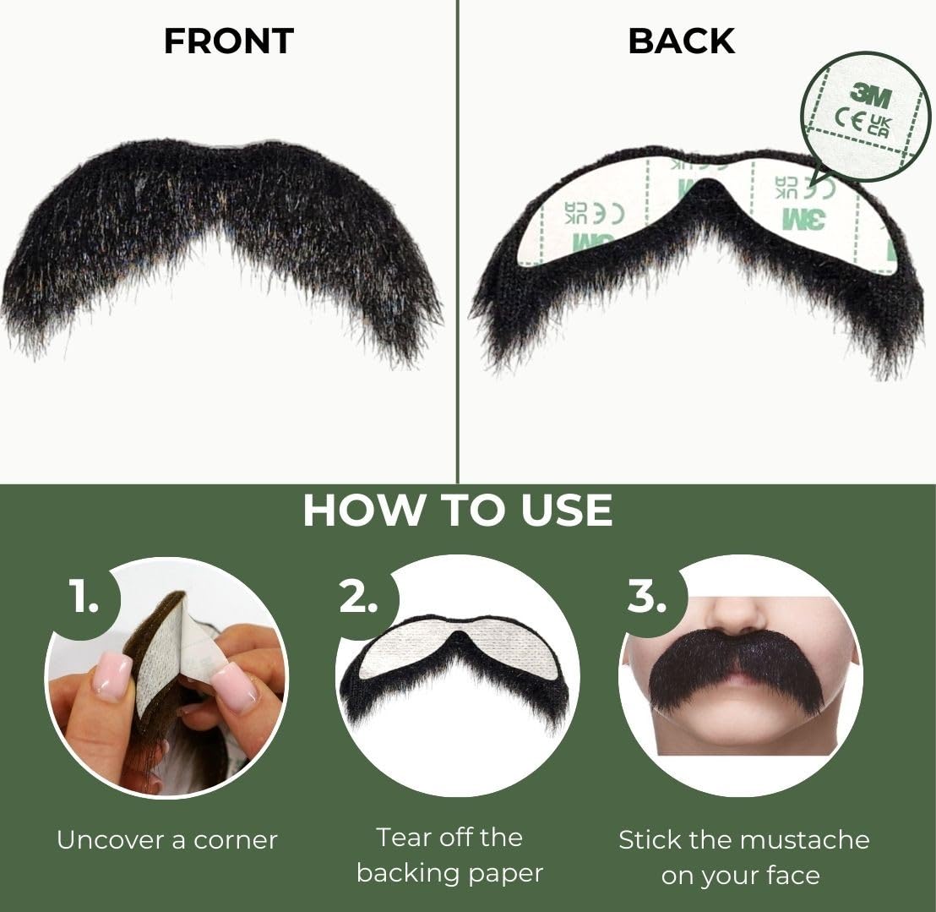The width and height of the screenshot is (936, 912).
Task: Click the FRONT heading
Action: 229,41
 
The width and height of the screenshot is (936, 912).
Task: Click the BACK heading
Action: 682,41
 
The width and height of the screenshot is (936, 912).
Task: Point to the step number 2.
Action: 358,596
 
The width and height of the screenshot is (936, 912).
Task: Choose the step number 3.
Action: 647,596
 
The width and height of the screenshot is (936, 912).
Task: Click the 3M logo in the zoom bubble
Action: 871,96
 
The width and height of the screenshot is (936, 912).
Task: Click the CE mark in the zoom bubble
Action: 849,121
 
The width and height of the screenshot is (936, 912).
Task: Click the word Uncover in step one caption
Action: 111,840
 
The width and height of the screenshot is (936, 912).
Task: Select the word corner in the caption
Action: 235,841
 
